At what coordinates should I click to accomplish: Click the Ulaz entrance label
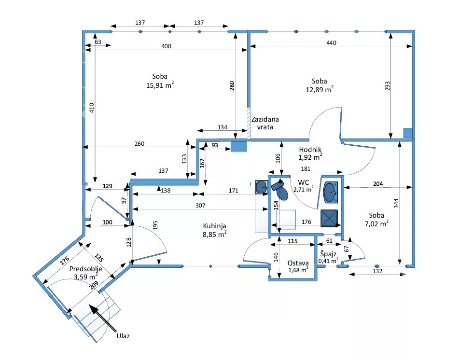click(123, 335)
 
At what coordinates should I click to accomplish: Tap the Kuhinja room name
click(215, 226)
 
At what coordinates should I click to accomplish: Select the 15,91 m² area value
click(160, 85)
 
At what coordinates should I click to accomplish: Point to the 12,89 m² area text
click(319, 89)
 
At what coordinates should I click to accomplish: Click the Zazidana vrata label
click(265, 123)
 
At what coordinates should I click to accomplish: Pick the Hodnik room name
click(310, 150)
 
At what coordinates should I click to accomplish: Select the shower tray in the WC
click(330, 218)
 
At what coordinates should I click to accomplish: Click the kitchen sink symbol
click(261, 187)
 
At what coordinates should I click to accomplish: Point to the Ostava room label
click(298, 263)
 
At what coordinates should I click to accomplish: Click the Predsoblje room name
click(85, 269)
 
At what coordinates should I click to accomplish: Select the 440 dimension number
click(331, 43)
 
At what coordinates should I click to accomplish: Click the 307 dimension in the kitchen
click(201, 206)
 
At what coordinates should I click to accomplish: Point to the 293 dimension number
click(387, 86)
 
